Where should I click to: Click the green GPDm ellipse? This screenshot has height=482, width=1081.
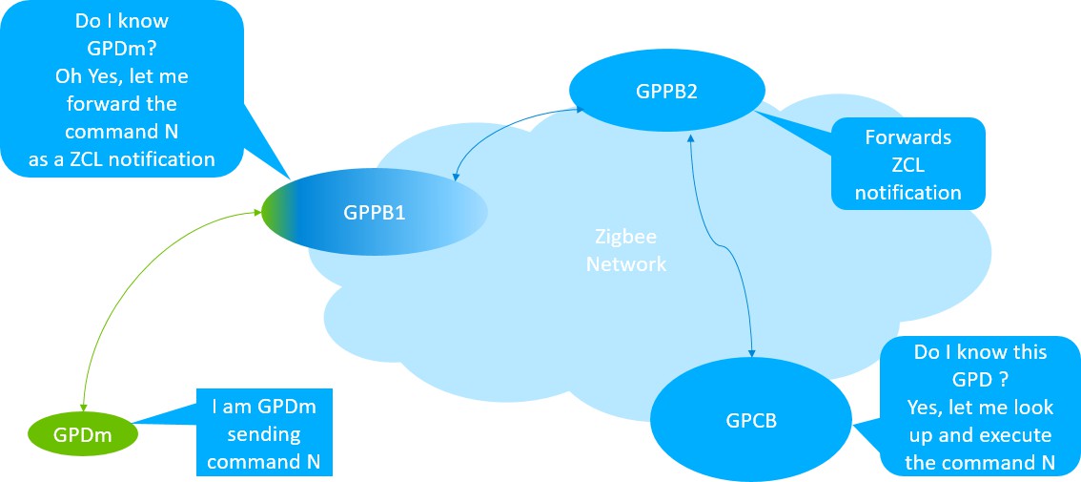[x=82, y=434]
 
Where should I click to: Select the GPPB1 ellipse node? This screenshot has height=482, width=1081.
[x=374, y=212]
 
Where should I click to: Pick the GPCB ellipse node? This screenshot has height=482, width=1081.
[x=751, y=418]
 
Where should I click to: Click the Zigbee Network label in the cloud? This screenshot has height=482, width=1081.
[x=626, y=250]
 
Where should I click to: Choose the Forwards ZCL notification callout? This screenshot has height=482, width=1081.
[x=907, y=164]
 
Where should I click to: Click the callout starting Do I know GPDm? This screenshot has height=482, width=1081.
[x=121, y=87]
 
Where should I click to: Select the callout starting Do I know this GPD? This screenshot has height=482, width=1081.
[x=979, y=407]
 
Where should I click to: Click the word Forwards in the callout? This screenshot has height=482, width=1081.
[x=908, y=137]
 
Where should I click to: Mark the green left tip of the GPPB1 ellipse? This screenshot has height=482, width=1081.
[x=272, y=212]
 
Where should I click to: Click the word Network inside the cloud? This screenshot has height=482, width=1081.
[x=626, y=264]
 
